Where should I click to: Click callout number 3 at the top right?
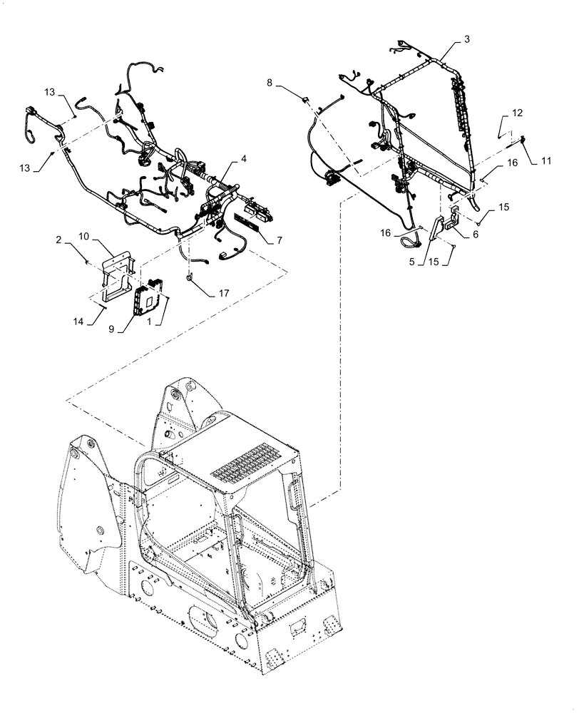pos(466,39)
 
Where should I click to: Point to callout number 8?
pos(270,83)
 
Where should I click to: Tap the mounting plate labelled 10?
pos(117,275)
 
